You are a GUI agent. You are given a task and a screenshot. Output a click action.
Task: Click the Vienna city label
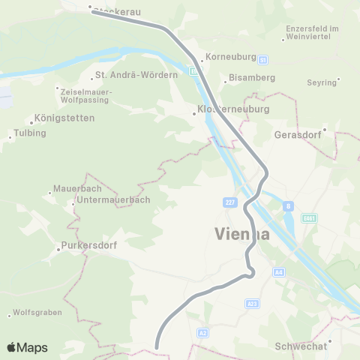click(242, 233)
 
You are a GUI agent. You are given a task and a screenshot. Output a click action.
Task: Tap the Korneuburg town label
click(232, 57)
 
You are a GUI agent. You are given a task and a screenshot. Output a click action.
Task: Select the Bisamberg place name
click(252, 77)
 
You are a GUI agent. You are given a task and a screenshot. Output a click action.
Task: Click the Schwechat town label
click(299, 346)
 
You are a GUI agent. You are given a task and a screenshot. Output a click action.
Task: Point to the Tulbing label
click(30, 133)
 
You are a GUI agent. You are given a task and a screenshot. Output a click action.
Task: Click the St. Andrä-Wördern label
click(136, 75)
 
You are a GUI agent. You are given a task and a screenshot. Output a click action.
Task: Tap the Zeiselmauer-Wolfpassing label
click(85, 95)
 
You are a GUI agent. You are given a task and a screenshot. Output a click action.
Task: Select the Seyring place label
click(322, 82)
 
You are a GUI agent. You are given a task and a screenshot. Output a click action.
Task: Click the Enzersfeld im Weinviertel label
click(313, 33)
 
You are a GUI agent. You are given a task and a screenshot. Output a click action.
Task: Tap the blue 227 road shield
click(229, 202)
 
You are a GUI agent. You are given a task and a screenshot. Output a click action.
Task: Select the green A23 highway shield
click(252, 304)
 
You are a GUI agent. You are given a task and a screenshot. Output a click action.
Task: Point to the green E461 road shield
click(307, 217)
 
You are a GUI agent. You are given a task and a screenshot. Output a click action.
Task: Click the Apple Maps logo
click(27, 347)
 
